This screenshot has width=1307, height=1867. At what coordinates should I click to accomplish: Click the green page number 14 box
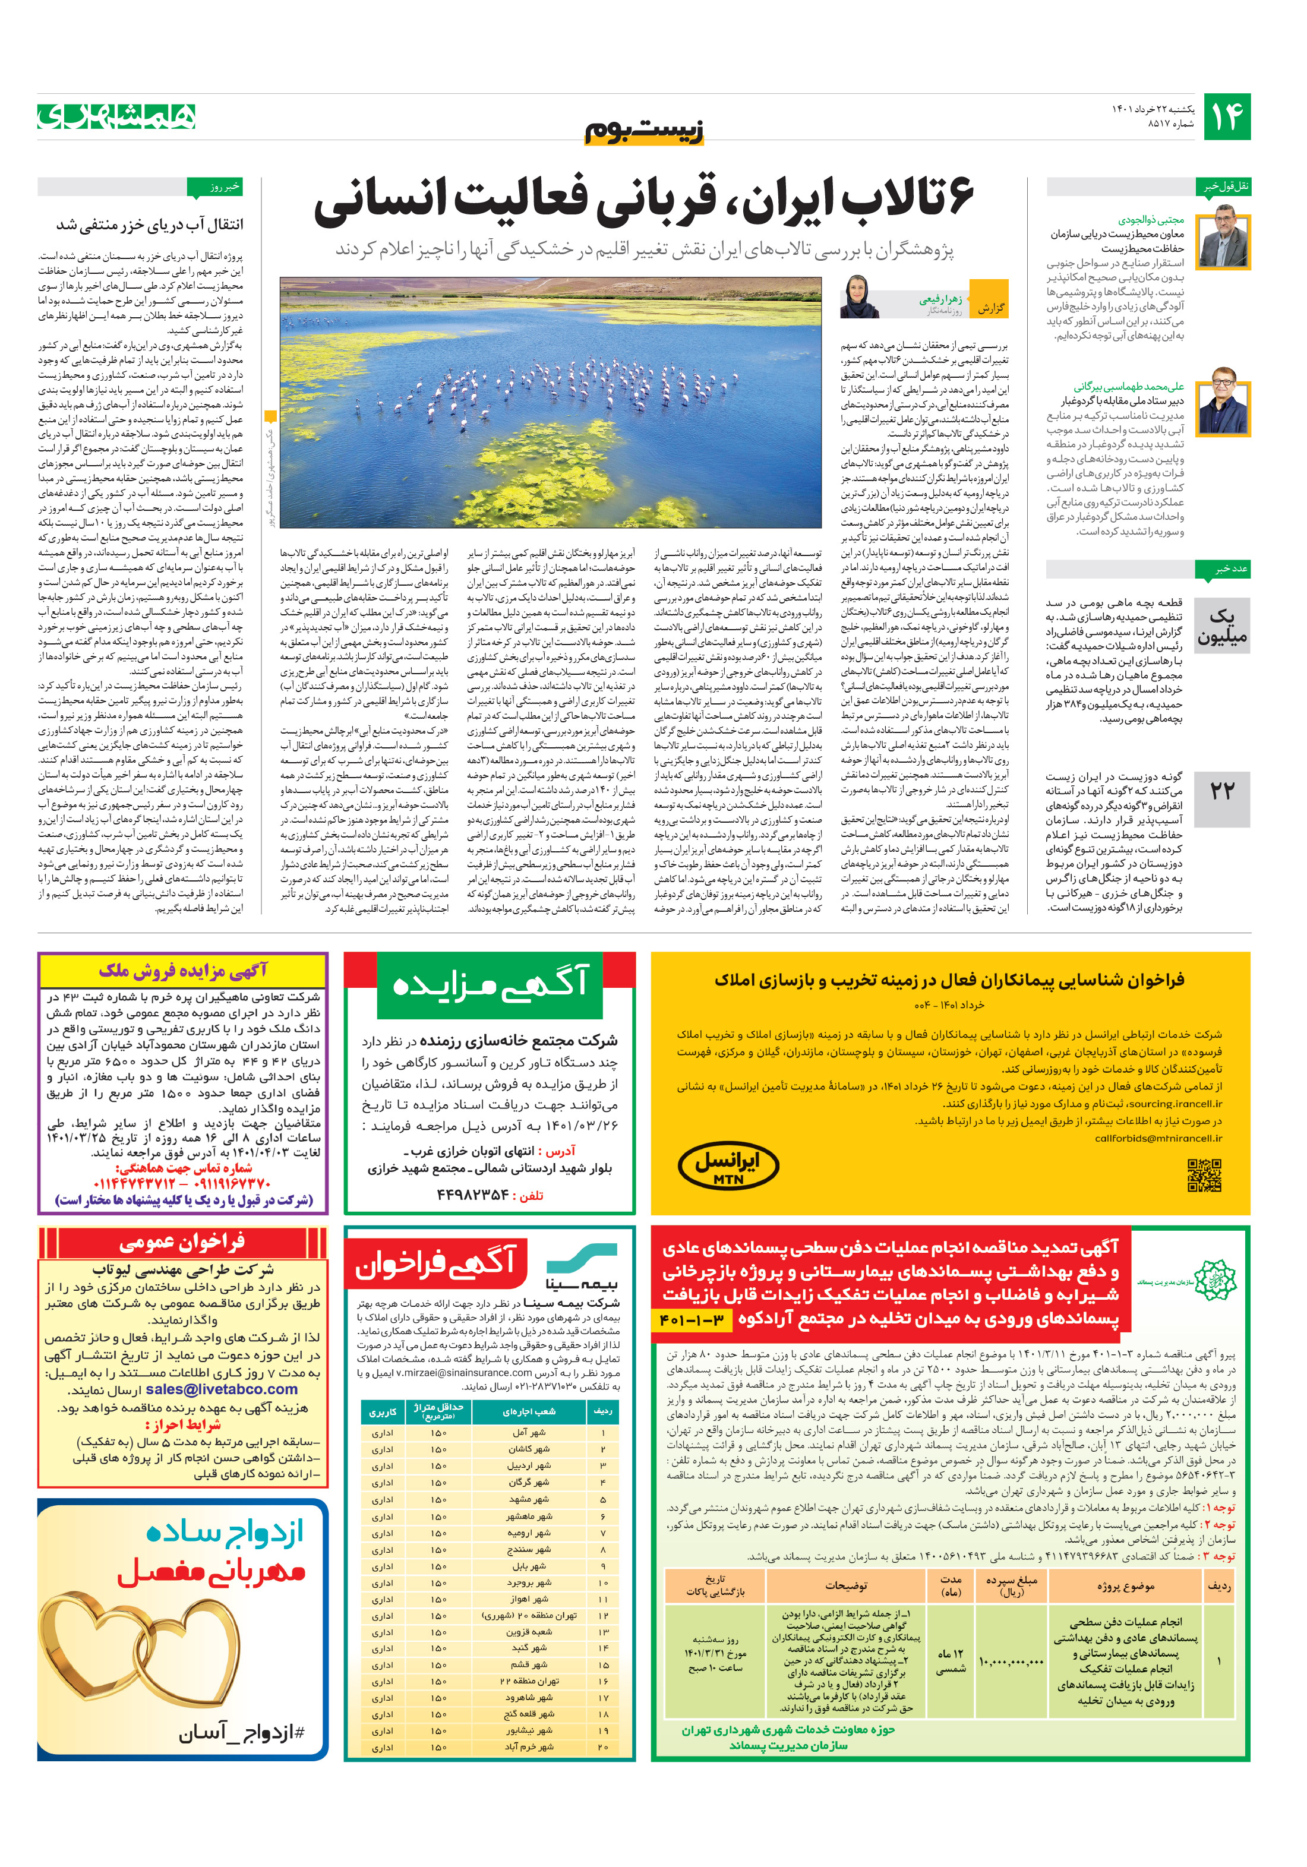(1226, 117)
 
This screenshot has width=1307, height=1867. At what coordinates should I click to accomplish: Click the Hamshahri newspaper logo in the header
(116, 116)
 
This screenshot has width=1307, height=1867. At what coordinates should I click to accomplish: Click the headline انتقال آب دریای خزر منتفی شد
(149, 225)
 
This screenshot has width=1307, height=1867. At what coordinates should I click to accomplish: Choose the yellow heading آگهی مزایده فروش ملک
(183, 970)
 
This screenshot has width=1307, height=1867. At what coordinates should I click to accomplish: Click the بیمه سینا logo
(582, 1267)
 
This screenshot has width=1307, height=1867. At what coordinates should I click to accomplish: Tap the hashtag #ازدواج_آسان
(242, 1733)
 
